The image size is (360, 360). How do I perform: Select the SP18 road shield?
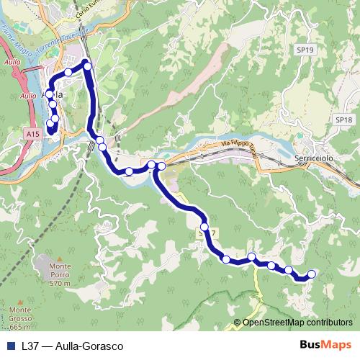pyautogui.click(x=342, y=120)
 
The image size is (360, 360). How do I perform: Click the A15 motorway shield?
pyautogui.click(x=31, y=134)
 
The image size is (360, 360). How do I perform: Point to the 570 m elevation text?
pyautogui.click(x=60, y=284)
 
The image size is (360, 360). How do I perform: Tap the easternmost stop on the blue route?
pyautogui.click(x=312, y=274)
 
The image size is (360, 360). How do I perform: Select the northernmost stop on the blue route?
pyautogui.click(x=88, y=66)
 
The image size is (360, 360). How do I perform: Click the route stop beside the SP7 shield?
pyautogui.click(x=204, y=228)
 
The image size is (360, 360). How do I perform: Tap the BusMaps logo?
pyautogui.click(x=325, y=346)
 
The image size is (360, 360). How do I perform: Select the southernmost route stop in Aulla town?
pyautogui.click(x=50, y=127)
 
